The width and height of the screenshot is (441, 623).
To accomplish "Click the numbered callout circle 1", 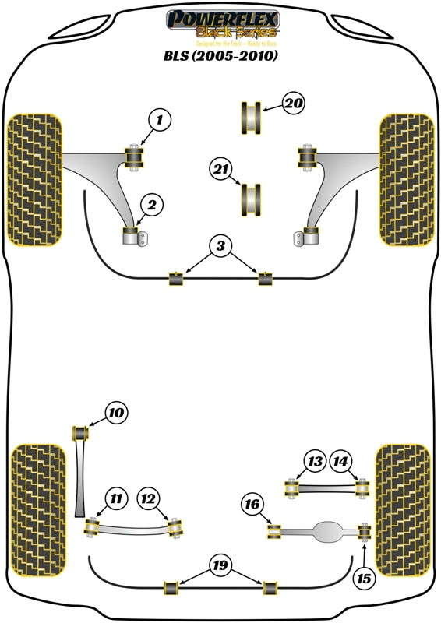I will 159,121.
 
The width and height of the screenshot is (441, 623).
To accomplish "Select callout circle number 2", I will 152,205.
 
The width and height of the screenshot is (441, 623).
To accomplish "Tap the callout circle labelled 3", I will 221,247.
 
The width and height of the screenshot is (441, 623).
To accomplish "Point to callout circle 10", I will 116,412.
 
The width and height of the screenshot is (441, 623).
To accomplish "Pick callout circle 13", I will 315,462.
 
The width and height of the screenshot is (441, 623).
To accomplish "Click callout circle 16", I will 252,506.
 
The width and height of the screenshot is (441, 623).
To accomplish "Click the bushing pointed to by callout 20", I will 251,117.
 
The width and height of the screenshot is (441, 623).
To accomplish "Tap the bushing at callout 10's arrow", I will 79,431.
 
